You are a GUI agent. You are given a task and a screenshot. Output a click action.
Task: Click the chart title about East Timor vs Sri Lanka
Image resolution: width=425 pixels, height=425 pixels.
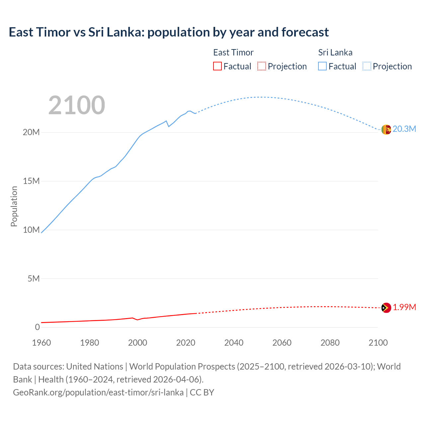(x=169, y=32)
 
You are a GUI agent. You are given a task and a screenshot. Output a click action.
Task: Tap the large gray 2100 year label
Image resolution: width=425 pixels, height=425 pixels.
(x=77, y=105)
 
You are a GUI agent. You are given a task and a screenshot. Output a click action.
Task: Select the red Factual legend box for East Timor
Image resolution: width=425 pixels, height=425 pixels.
(x=217, y=66)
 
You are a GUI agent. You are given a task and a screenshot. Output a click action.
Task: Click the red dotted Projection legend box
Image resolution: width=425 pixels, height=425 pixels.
(x=262, y=66)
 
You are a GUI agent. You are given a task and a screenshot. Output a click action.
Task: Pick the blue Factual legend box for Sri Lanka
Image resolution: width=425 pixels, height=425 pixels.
(x=322, y=66)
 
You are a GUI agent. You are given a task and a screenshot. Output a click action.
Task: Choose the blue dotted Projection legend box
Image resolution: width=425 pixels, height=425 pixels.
(x=367, y=66)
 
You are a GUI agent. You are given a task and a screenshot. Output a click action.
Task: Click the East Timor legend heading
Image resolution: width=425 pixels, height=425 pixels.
(x=233, y=52)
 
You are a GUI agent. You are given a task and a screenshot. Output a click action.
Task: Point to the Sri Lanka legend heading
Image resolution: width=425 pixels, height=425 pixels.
(x=335, y=52)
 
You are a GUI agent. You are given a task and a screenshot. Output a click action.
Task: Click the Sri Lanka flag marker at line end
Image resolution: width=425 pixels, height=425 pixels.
(x=386, y=129)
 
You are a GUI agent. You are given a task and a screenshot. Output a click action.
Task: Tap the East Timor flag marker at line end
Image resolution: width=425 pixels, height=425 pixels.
(x=386, y=308)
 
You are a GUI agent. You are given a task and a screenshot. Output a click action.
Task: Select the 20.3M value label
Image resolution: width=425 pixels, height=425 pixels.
(x=404, y=129)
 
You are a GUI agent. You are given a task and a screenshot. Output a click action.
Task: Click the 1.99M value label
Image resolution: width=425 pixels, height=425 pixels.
(x=404, y=307)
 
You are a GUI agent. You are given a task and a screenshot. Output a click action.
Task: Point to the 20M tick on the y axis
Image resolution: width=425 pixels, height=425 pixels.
(x=31, y=132)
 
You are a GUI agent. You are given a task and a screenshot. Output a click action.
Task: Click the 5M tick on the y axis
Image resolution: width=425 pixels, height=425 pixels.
(x=34, y=278)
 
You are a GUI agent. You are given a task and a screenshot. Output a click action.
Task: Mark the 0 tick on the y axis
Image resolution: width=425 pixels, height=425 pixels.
(x=37, y=327)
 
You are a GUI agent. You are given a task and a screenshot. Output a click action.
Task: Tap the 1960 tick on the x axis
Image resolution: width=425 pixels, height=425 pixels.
(x=42, y=343)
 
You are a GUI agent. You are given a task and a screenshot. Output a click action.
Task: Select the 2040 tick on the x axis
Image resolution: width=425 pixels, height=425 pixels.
(x=234, y=343)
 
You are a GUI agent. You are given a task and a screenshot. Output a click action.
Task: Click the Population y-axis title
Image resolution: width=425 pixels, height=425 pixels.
(x=14, y=206)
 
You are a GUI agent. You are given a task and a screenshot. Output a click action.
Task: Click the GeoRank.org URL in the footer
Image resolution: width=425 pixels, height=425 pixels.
(x=98, y=392)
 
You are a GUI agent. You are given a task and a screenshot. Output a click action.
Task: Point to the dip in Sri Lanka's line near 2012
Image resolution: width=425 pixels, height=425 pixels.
(x=169, y=126)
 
